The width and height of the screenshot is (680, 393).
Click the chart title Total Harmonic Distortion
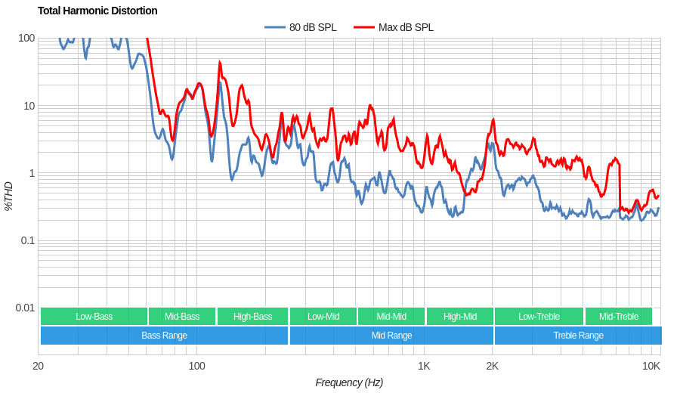[x=97, y=11]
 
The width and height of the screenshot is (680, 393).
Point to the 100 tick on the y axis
[x=26, y=38]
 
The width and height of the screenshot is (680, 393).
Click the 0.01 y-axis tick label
[x=25, y=308]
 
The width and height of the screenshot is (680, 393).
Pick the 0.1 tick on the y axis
[x=27, y=240]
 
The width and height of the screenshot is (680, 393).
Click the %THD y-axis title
[x=8, y=196]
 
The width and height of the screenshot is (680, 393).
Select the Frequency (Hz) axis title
[x=349, y=382]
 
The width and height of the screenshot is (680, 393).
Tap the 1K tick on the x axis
[x=424, y=366]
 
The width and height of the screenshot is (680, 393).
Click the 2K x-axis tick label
[x=492, y=366]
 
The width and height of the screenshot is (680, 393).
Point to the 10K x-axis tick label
[x=651, y=366]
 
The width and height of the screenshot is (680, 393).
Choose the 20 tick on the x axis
[x=38, y=366]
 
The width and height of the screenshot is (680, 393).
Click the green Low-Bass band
[x=94, y=317]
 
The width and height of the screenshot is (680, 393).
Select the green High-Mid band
[x=459, y=317]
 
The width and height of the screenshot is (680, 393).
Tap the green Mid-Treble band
[x=618, y=317]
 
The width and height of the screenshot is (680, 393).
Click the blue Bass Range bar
[x=164, y=336]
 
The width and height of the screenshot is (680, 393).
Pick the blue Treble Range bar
[x=578, y=336]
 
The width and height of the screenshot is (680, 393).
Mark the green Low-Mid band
[x=323, y=317]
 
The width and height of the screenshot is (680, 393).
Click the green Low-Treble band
[x=539, y=317]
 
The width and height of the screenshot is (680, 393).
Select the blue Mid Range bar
[x=391, y=336]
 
